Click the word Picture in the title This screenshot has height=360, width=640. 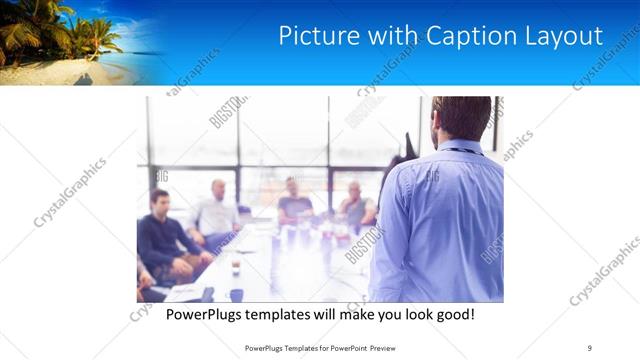pyautogui.click(x=313, y=37)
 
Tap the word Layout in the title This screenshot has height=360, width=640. pyautogui.click(x=562, y=37)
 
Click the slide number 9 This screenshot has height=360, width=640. pyautogui.click(x=590, y=347)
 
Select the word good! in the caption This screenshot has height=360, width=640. pyautogui.click(x=453, y=314)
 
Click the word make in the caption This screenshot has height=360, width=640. pyautogui.click(x=351, y=314)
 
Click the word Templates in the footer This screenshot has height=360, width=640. pyautogui.click(x=300, y=347)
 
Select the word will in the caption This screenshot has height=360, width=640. pyautogui.click(x=321, y=314)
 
